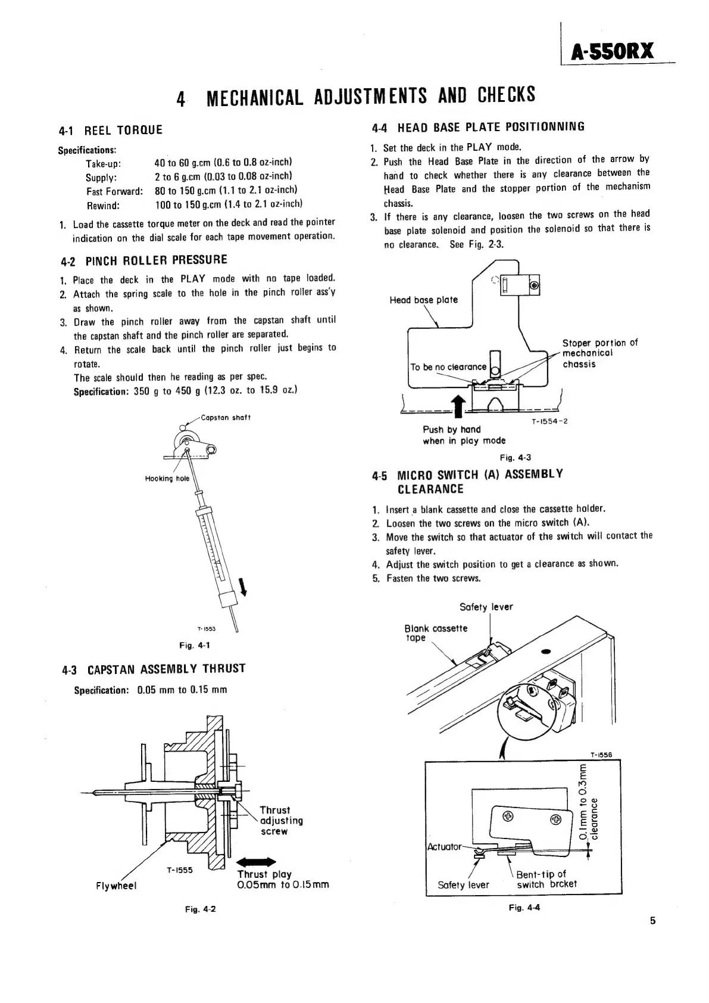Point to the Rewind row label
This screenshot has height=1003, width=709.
tap(103, 205)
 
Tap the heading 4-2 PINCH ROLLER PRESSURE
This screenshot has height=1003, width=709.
tap(144, 260)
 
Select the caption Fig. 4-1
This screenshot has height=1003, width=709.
tap(195, 645)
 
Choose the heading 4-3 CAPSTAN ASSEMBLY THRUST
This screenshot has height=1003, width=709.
tap(154, 669)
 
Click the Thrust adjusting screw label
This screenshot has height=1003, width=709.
tap(281, 821)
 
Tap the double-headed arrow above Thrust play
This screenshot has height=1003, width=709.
tap(256, 861)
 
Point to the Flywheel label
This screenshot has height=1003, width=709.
tap(116, 886)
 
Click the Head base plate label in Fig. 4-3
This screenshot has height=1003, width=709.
tap(423, 300)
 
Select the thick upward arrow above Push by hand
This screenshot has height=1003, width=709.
tap(458, 409)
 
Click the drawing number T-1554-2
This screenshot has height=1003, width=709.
tap(549, 421)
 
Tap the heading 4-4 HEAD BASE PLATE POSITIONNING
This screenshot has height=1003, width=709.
tap(478, 127)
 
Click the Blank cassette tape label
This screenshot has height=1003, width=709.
tap(436, 633)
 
